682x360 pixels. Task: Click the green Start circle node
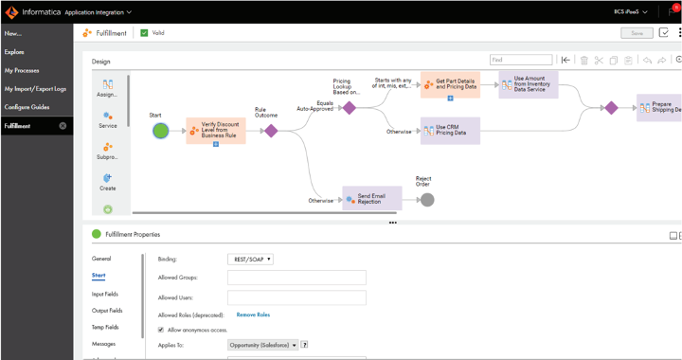pyautogui.click(x=160, y=131)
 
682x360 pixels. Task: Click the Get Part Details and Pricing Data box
pyautogui.click(x=450, y=84)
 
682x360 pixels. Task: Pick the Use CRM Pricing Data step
pyautogui.click(x=450, y=130)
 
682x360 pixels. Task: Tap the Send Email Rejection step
pyautogui.click(x=371, y=199)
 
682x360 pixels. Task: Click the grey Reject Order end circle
pyautogui.click(x=427, y=199)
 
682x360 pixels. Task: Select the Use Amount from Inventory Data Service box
pyautogui.click(x=529, y=84)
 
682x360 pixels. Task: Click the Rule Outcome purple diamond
pyautogui.click(x=271, y=131)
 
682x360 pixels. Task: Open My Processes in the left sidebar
pyautogui.click(x=22, y=70)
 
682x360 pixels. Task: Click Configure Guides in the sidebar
pyautogui.click(x=27, y=107)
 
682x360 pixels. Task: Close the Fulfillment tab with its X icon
pyautogui.click(x=63, y=126)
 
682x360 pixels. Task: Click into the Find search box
pyautogui.click(x=520, y=60)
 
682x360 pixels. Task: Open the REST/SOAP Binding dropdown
pyautogui.click(x=251, y=259)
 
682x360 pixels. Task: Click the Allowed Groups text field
pyautogui.click(x=296, y=279)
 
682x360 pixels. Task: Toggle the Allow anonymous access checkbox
pyautogui.click(x=161, y=330)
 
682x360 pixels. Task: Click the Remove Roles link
pyautogui.click(x=253, y=315)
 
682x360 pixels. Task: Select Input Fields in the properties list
pyautogui.click(x=105, y=294)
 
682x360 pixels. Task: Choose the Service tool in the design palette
pyautogui.click(x=108, y=119)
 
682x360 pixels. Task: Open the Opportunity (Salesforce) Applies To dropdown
pyautogui.click(x=262, y=345)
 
